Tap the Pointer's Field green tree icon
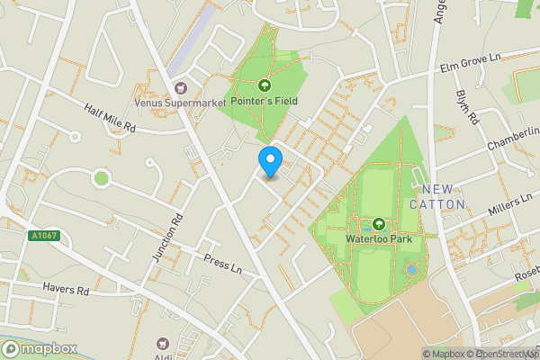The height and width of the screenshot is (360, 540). (265, 85)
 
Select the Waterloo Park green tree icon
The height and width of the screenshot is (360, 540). (379, 224)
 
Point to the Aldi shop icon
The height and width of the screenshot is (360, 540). (163, 343)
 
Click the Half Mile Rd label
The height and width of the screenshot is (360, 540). (109, 117)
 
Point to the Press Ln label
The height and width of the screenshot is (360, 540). (223, 262)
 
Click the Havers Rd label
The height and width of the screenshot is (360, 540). (66, 291)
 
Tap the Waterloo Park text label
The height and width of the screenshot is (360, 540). (378, 240)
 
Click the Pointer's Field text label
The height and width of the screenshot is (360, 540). (265, 101)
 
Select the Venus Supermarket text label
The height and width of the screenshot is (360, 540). (179, 103)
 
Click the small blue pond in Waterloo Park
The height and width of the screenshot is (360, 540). (411, 268)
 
